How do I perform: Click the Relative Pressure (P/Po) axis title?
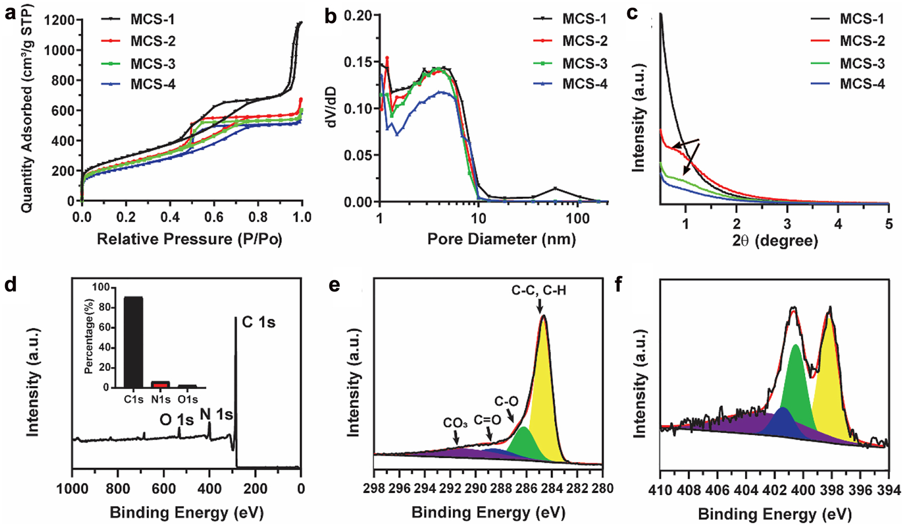click(x=189, y=239)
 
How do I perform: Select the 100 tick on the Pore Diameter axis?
click(x=578, y=218)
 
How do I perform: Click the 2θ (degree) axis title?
click(x=775, y=240)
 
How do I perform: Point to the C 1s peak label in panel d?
click(x=258, y=323)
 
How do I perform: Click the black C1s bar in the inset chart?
click(x=133, y=342)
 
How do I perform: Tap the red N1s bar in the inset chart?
click(x=160, y=384)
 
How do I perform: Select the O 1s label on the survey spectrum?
click(x=176, y=420)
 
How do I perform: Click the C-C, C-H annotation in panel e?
click(x=539, y=291)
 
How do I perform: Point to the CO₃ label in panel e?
click(x=455, y=423)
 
